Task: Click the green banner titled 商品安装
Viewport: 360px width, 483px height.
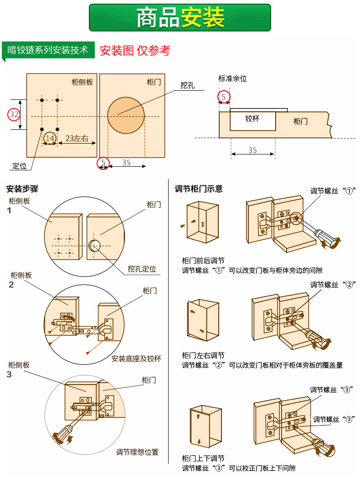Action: [180, 18]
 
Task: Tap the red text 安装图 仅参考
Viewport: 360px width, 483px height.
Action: [135, 51]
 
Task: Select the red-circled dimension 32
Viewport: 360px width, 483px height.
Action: [14, 114]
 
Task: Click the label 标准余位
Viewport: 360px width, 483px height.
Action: [232, 78]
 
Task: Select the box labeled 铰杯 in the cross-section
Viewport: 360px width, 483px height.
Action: [252, 119]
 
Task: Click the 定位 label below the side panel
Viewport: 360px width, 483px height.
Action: [20, 166]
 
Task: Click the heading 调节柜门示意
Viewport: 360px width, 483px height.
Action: [199, 189]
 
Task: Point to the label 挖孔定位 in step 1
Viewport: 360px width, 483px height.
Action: [142, 269]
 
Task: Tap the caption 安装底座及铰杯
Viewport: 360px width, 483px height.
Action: [136, 358]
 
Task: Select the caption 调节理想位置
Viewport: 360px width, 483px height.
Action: [137, 452]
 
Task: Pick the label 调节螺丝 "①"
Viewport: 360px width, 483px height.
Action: [333, 191]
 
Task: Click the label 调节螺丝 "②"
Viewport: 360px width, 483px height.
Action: [333, 285]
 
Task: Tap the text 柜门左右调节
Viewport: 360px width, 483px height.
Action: [203, 355]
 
